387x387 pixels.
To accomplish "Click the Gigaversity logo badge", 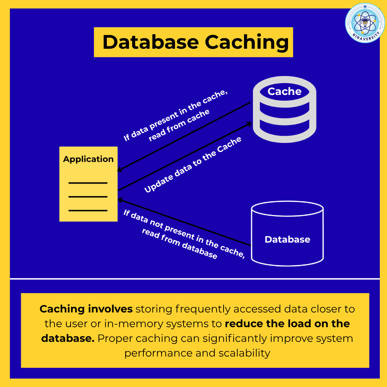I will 365,23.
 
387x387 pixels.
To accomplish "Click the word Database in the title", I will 150,42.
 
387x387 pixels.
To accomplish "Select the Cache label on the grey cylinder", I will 285,91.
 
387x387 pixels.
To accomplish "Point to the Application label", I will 88,159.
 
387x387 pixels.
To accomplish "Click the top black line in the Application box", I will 88,183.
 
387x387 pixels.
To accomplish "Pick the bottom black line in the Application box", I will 88,210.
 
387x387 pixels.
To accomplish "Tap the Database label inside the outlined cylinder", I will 287,239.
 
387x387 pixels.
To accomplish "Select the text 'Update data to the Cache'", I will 193,165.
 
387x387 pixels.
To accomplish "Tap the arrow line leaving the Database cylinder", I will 215,232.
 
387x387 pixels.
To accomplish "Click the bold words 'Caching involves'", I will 86,309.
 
